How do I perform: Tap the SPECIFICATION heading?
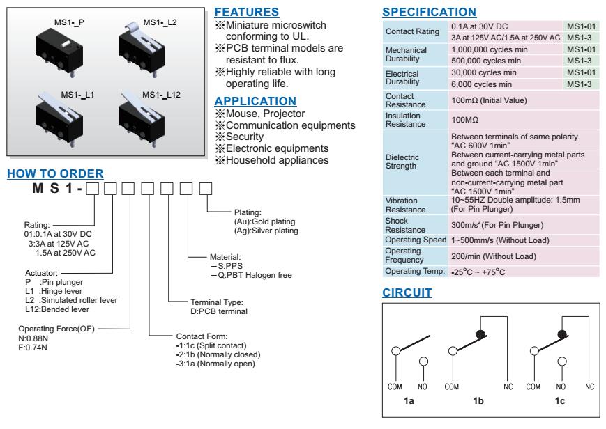pyautogui.click(x=429, y=13)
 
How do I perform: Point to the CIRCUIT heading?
pyautogui.click(x=408, y=294)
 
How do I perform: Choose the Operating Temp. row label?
pyautogui.click(x=414, y=271)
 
